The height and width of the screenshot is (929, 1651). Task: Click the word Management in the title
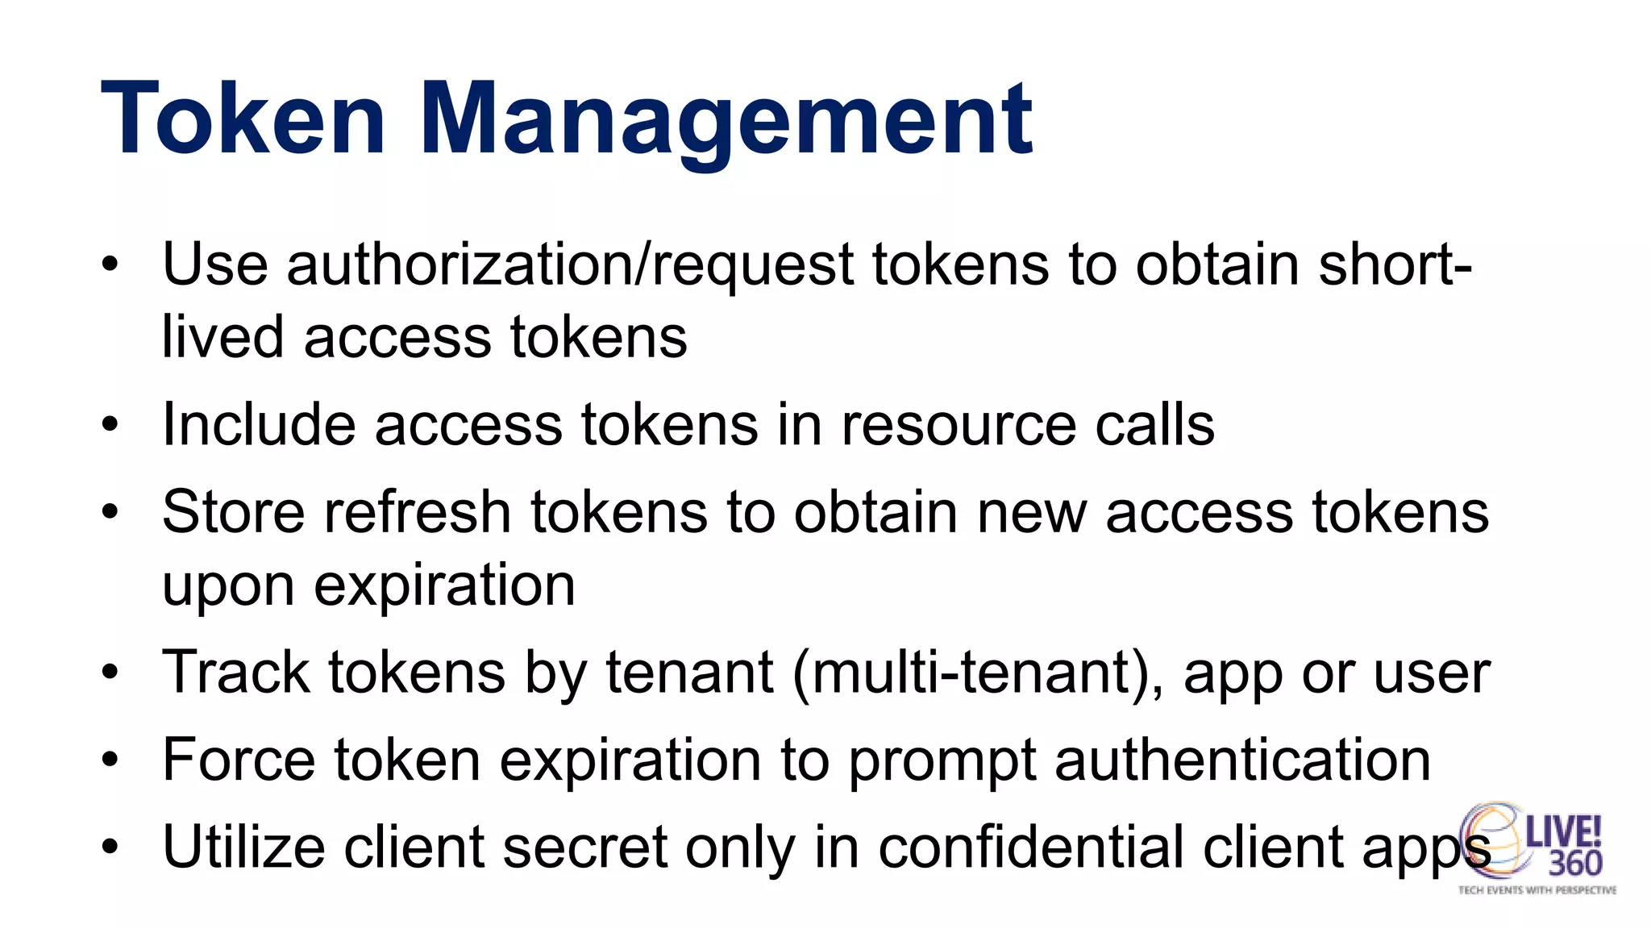click(x=726, y=121)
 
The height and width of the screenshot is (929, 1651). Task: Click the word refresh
click(x=418, y=512)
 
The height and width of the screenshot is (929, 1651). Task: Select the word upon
click(x=228, y=587)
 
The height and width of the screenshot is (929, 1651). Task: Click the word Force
click(x=239, y=760)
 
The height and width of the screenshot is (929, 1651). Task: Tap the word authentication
click(x=1242, y=760)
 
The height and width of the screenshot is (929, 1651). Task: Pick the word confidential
click(x=1031, y=847)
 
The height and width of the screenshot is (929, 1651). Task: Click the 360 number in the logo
click(x=1574, y=864)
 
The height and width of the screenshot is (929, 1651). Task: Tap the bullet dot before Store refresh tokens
click(x=110, y=512)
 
